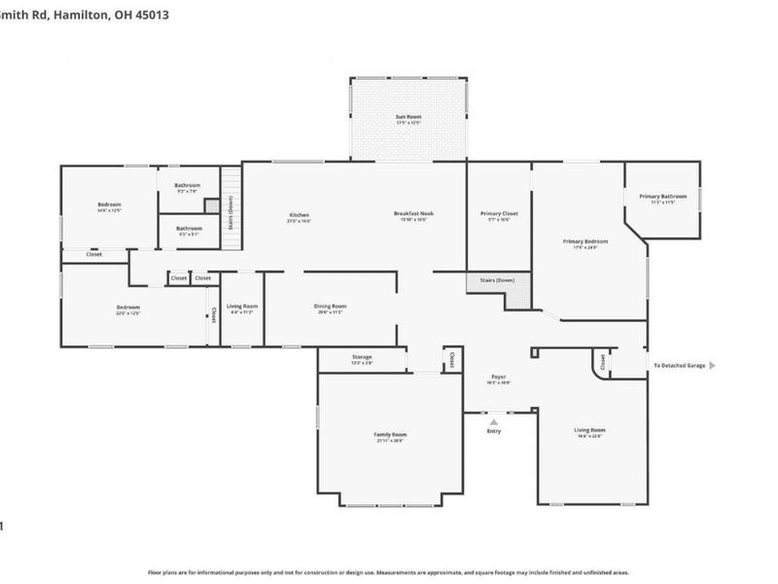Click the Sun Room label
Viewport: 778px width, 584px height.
coord(407,116)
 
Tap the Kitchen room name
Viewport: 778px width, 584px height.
coord(299,214)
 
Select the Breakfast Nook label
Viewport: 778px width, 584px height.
coord(413,214)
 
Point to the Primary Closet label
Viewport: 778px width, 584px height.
coord(499,213)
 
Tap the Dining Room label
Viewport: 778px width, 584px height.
coord(330,307)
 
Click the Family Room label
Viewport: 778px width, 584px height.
coord(390,434)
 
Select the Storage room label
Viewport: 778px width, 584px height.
coord(362,357)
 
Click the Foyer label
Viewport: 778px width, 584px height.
coord(498,377)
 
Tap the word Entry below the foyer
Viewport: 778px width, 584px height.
coord(494,431)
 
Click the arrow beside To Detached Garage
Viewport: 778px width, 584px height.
coord(713,365)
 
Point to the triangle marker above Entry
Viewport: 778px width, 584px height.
coord(494,420)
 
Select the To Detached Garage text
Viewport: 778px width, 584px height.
coord(678,365)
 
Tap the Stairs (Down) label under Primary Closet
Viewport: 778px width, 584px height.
coord(498,280)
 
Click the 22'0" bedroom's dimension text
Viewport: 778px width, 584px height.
coord(128,313)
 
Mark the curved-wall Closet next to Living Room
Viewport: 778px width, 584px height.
coord(603,362)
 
